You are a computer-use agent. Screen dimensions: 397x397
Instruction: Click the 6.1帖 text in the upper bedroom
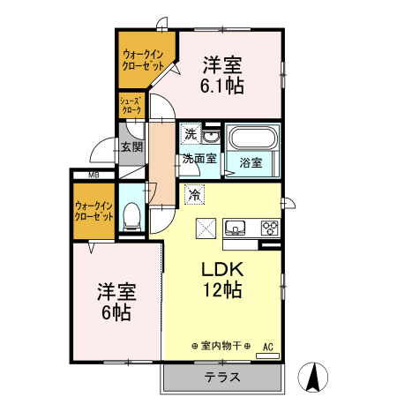(223, 86)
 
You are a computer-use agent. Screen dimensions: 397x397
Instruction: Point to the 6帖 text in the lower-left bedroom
(115, 312)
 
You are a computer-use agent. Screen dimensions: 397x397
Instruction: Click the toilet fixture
(132, 214)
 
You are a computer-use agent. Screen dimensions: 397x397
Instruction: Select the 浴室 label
(251, 162)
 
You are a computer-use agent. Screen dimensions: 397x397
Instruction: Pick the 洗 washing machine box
(191, 134)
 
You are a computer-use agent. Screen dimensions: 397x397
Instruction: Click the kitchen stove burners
(269, 228)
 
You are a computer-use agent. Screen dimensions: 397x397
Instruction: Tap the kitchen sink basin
(236, 228)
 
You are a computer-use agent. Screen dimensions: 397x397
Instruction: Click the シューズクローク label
(131, 106)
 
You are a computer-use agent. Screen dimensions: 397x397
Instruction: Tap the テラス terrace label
(221, 377)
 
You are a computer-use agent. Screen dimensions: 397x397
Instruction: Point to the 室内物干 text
(221, 345)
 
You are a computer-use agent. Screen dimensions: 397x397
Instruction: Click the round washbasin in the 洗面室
(212, 136)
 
